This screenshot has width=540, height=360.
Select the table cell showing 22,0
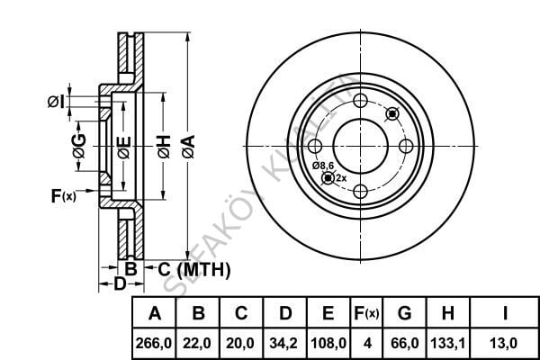pos(199,343)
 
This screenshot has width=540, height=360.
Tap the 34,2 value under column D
pos(285,343)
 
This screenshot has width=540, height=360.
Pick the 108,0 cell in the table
pos(328,343)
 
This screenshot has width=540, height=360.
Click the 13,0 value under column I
pos(504,343)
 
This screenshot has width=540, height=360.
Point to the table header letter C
pos(241,314)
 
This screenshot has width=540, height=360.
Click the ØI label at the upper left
pos(55,102)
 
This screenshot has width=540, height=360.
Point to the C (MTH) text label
pos(194,269)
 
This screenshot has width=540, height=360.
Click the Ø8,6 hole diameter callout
pos(323,166)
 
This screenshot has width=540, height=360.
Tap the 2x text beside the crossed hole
pos(340,178)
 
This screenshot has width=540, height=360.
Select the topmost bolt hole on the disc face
pos(360,101)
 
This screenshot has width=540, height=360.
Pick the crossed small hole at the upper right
pos(391,113)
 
